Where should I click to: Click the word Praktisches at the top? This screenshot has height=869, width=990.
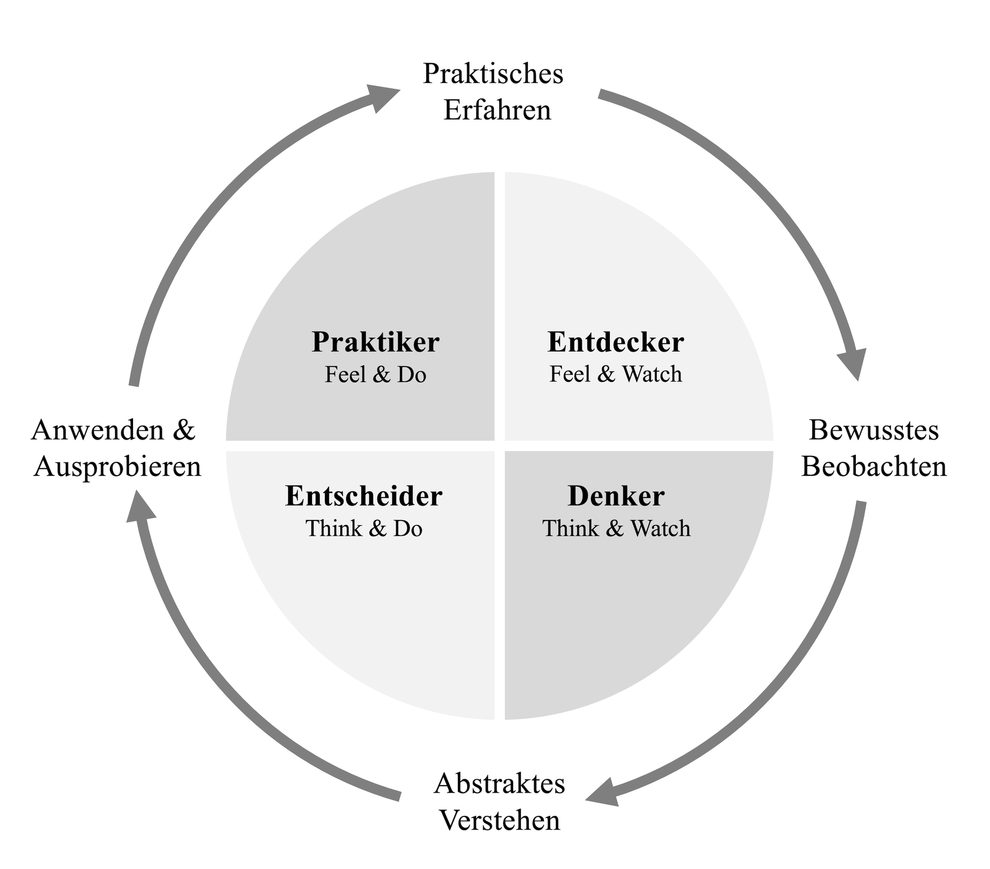pos(493,74)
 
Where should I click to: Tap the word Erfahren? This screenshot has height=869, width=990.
pos(497,110)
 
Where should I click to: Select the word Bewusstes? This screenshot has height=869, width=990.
pos(873,430)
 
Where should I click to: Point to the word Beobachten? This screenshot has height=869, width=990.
pos(874,466)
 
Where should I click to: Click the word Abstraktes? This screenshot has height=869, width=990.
pos(499,784)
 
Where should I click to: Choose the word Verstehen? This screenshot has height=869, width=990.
pos(499,821)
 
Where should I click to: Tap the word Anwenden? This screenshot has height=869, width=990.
pos(97,430)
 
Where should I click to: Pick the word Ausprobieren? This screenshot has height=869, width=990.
pos(118,466)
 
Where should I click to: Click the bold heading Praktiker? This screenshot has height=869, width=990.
pos(375,342)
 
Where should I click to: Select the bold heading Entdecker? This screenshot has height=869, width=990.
pos(616,342)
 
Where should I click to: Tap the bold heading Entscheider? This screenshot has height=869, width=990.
pos(364,496)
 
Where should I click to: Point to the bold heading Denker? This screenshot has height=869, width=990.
pos(616,496)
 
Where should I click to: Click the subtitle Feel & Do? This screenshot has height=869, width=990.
pos(375,375)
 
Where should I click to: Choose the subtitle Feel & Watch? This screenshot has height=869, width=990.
pos(616,374)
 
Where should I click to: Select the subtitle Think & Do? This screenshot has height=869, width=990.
pos(364,529)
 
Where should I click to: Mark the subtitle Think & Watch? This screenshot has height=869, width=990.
pos(616,529)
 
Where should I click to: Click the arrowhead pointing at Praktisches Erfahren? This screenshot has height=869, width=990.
pos(382,96)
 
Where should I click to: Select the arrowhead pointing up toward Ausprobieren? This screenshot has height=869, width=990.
pos(140,508)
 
